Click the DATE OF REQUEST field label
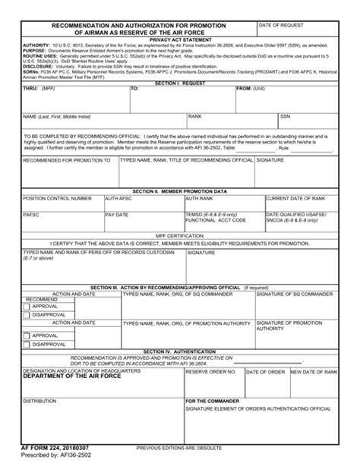point(280,26)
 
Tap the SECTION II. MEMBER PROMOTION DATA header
point(180,191)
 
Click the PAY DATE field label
point(117,215)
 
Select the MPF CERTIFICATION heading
point(180,236)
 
